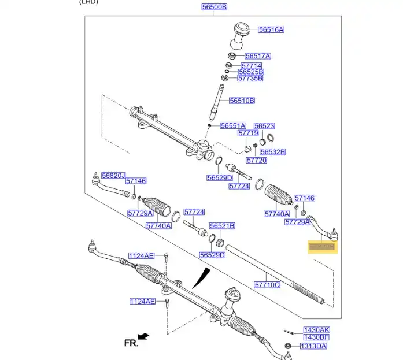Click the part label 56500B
[215, 7]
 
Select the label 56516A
[271, 29]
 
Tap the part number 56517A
[258, 56]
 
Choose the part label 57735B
[250, 78]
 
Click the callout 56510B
[242, 101]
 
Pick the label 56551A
[233, 125]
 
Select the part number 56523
[264, 125]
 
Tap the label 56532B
[272, 152]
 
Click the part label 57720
[256, 160]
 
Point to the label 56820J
[113, 175]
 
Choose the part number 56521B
[222, 226]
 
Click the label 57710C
[267, 284]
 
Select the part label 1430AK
[316, 329]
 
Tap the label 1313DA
[313, 346]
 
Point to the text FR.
[131, 343]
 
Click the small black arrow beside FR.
[143, 336]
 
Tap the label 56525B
[250, 72]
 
